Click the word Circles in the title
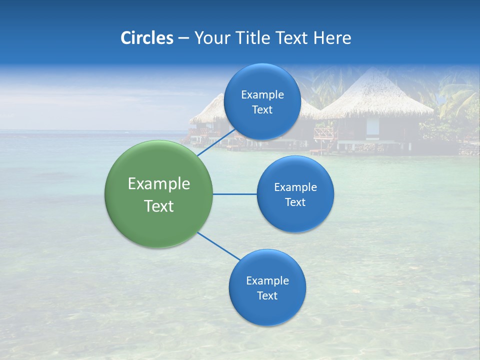point(147,38)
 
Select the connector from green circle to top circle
point(215,143)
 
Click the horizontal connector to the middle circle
point(234,194)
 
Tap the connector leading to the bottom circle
point(218,246)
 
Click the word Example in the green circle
point(159,184)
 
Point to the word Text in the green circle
point(159,206)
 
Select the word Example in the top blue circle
point(262,95)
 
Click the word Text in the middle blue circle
point(295,202)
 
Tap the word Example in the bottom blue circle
point(267,281)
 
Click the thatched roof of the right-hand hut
point(375,95)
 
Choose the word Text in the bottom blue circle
point(267,296)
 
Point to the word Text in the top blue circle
point(262,110)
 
